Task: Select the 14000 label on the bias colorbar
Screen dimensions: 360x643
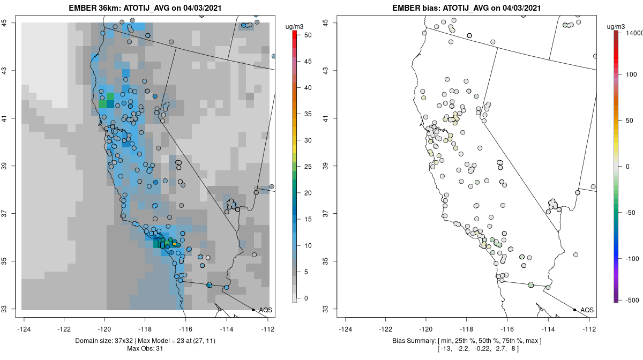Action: tap(631, 33)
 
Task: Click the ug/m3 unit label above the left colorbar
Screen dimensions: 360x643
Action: tap(296, 24)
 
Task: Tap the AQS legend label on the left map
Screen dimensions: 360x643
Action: tap(266, 310)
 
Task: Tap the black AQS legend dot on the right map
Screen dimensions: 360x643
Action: tap(574, 310)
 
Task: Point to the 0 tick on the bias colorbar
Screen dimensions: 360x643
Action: tap(626, 166)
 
